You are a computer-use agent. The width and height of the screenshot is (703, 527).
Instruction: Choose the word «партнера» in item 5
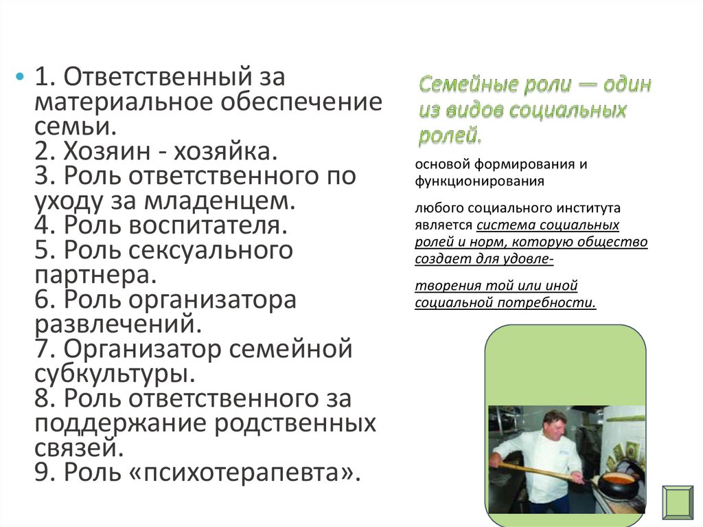95,275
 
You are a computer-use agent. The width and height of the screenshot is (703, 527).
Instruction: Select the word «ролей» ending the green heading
450,135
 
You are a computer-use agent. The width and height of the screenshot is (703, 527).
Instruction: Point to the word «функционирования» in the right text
479,181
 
